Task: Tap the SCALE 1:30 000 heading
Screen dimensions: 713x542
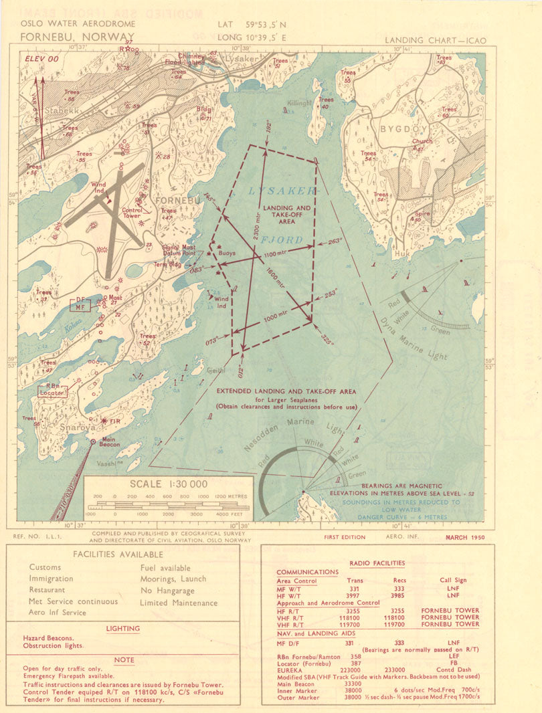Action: (x=168, y=484)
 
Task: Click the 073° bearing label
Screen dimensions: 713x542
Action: (x=213, y=340)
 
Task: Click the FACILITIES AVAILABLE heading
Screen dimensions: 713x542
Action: (x=118, y=554)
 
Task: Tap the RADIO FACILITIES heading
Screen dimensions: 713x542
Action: (x=377, y=563)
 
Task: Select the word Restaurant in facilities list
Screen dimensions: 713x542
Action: (x=47, y=590)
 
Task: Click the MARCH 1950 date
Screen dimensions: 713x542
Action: (x=464, y=537)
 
